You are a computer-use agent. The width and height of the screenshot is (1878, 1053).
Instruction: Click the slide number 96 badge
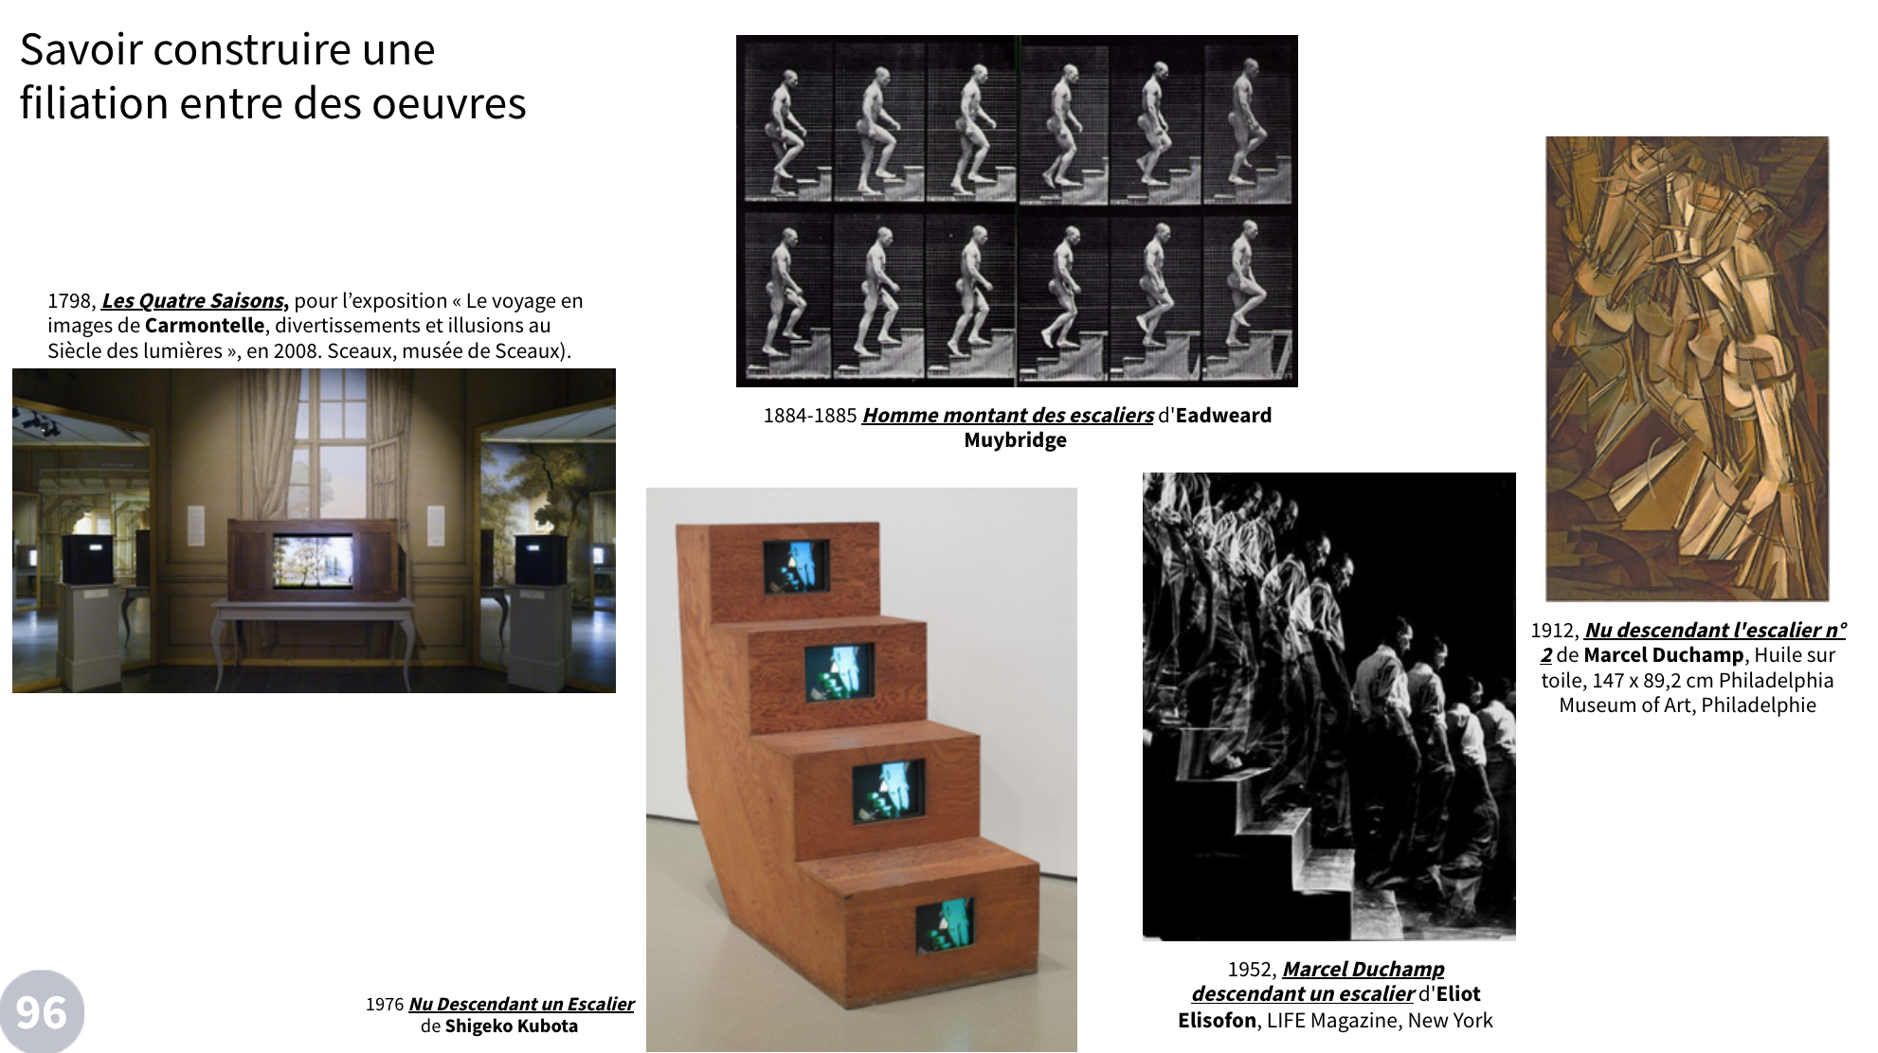[x=41, y=1012]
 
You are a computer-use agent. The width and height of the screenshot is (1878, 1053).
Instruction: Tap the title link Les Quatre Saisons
[x=194, y=301]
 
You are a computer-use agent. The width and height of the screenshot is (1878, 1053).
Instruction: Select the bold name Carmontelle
[x=205, y=326]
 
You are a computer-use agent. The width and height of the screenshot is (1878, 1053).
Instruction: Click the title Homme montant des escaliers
[x=1007, y=416]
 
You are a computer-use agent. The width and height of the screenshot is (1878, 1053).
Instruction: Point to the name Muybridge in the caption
[x=1015, y=440]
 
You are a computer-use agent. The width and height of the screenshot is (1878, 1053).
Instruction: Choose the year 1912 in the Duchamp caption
[x=1552, y=631]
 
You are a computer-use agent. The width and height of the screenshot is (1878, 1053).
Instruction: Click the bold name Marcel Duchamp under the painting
[x=1663, y=655]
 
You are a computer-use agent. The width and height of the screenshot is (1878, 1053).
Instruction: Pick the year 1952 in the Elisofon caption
[x=1251, y=970]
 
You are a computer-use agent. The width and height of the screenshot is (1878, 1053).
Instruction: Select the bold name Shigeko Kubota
[x=511, y=1026]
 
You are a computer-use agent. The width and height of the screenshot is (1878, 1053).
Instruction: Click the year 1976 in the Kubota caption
[x=385, y=1005]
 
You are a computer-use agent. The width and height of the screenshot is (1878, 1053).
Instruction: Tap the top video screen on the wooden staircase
[x=796, y=565]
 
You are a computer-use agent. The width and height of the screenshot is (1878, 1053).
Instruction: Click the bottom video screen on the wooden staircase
[x=945, y=925]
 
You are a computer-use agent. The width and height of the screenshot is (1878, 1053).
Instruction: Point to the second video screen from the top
[x=840, y=672]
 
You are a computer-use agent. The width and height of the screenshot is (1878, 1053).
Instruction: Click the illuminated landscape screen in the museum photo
[x=313, y=561]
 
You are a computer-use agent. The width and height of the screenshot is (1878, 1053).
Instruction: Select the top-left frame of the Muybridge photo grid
[x=786, y=121]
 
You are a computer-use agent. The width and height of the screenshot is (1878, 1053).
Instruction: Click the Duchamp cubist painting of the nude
[x=1687, y=368]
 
